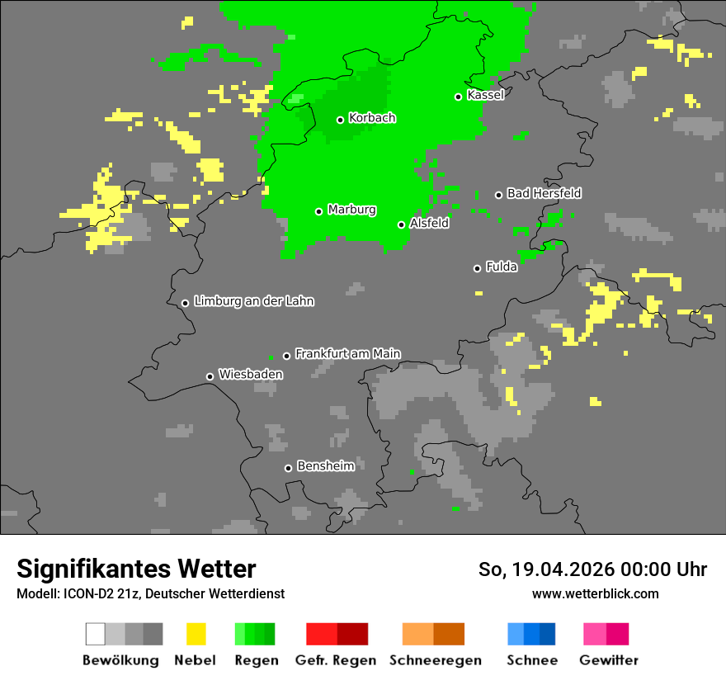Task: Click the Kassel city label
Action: [485, 95]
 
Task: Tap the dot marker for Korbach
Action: [340, 120]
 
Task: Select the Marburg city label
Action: [351, 210]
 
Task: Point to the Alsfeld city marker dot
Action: [401, 224]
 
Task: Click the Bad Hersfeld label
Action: [544, 193]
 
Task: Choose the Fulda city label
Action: [502, 267]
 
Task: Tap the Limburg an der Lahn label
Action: [254, 301]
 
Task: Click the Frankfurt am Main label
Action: [347, 353]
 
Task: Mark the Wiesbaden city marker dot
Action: [210, 376]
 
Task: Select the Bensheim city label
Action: [325, 466]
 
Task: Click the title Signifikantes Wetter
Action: [136, 569]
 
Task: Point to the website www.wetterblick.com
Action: [595, 593]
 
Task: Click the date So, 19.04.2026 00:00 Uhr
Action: [592, 569]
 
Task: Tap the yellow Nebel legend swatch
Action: [196, 634]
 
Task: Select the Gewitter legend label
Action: [609, 660]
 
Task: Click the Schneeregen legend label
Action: [435, 660]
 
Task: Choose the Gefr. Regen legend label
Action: [336, 660]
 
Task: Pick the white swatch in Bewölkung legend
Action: [96, 634]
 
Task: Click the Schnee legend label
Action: [532, 660]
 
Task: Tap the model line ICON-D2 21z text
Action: [150, 594]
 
